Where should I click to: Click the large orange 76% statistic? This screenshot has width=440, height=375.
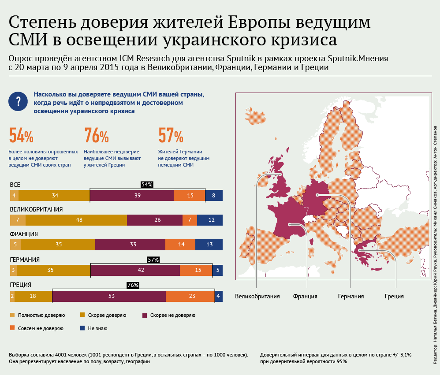[96, 137]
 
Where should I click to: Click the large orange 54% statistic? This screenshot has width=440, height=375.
[21, 137]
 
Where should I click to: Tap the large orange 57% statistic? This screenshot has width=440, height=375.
[171, 137]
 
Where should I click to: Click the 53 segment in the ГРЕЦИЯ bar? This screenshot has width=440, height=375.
[109, 297]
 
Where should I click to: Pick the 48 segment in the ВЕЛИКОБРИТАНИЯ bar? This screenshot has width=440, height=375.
[76, 220]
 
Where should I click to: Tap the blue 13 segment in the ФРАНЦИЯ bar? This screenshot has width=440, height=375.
[209, 245]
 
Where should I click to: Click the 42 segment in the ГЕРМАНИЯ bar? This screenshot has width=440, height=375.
[135, 270]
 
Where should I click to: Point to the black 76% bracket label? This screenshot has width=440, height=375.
[133, 285]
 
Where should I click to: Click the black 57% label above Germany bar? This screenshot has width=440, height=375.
[153, 260]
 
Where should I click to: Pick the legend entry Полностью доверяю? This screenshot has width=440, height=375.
[38, 316]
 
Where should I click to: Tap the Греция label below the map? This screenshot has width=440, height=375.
[394, 296]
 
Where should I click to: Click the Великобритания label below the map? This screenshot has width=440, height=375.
[257, 296]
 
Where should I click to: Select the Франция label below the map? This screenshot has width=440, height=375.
[305, 296]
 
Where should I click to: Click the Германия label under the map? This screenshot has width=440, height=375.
[351, 296]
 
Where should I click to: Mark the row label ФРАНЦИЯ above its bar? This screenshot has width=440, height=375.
[24, 234]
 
